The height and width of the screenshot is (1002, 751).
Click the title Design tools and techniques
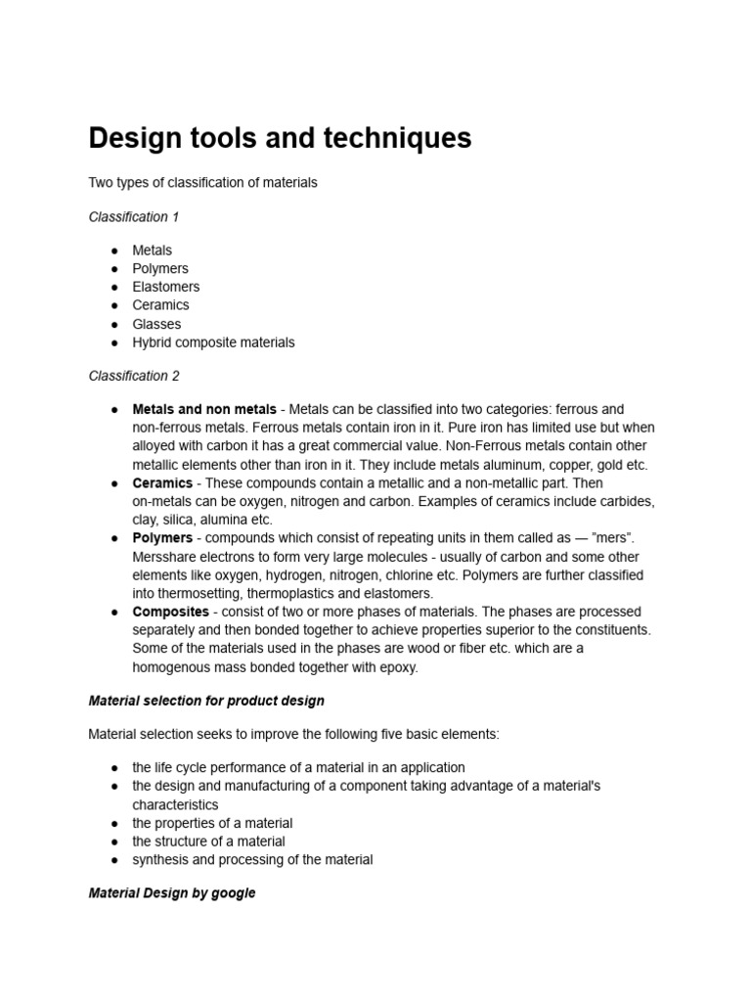click(280, 139)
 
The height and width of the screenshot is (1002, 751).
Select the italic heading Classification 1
click(134, 216)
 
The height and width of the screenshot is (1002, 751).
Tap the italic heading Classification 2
click(134, 376)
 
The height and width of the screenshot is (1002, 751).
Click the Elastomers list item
click(165, 287)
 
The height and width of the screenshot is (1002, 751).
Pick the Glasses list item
click(156, 324)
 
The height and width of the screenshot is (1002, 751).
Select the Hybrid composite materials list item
click(213, 342)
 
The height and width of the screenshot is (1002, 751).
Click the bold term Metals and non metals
click(204, 409)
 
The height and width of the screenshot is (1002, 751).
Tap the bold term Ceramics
click(162, 483)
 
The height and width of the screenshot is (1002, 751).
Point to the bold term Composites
click(170, 612)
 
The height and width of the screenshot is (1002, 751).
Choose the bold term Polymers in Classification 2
click(162, 538)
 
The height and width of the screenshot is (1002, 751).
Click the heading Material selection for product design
click(206, 701)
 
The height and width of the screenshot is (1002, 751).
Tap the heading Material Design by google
click(172, 893)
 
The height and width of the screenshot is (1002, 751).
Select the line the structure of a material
click(208, 842)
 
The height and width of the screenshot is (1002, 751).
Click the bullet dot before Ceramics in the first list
click(114, 305)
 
